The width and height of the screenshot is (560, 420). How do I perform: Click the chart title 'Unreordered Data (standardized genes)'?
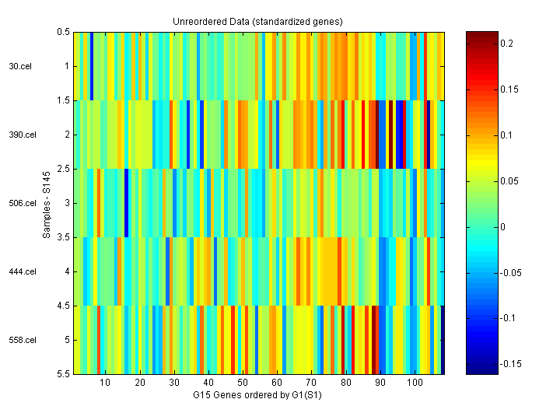pyautogui.click(x=257, y=20)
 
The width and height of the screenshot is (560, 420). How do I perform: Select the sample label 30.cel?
pyautogui.click(x=19, y=66)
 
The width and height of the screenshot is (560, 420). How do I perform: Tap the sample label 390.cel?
pyautogui.click(x=22, y=135)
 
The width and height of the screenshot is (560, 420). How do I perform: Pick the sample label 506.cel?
pyautogui.click(x=22, y=203)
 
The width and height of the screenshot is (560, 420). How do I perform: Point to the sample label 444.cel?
pyautogui.click(x=22, y=271)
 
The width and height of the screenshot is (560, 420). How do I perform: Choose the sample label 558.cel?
pyautogui.click(x=22, y=340)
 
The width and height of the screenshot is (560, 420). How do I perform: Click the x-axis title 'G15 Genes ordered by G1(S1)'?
pyautogui.click(x=257, y=395)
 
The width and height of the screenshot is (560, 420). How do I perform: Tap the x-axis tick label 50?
pyautogui.click(x=243, y=383)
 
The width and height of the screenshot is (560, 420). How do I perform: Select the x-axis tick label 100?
pyautogui.click(x=415, y=383)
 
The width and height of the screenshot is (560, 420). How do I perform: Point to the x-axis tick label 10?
pyautogui.click(x=105, y=383)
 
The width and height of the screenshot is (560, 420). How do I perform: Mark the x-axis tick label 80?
pyautogui.click(x=346, y=383)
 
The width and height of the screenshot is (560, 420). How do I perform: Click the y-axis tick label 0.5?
pyautogui.click(x=64, y=32)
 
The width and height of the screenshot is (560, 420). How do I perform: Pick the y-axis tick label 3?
pyautogui.click(x=67, y=203)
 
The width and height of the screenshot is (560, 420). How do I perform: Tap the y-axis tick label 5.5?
pyautogui.click(x=64, y=374)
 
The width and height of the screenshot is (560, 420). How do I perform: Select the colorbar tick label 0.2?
pyautogui.click(x=506, y=44)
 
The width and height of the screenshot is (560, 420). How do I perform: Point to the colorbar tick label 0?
pyautogui.click(x=502, y=226)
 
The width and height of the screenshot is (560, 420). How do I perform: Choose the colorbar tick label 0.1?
pyautogui.click(x=506, y=135)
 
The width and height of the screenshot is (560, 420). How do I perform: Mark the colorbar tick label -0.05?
pyautogui.click(x=510, y=272)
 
